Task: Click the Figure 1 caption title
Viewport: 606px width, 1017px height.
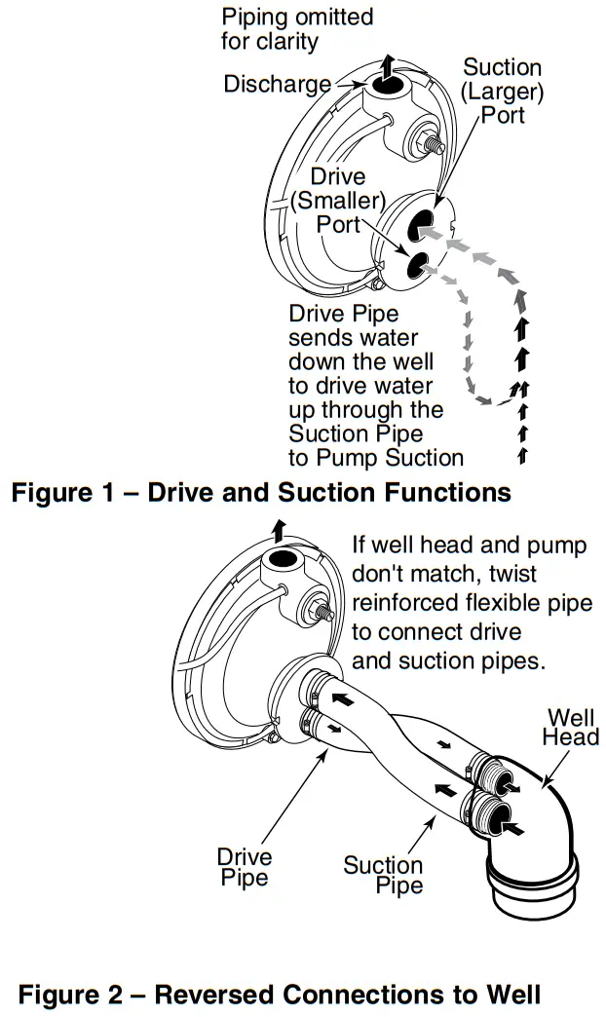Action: point(261,492)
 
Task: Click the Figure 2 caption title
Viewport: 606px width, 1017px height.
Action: point(279,995)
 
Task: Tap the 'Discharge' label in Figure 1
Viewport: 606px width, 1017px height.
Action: point(277,85)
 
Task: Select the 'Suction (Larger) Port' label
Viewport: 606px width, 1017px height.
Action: point(502,92)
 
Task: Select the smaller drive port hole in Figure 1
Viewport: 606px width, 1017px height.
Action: point(414,263)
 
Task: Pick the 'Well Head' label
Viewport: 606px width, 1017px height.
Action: point(570,728)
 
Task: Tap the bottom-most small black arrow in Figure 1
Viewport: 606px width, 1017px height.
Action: point(523,454)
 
